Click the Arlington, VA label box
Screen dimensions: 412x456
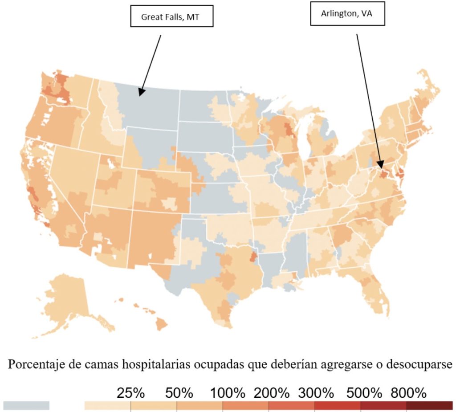click(347, 14)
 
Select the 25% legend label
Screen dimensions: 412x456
click(131, 393)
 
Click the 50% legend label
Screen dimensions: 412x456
click(179, 393)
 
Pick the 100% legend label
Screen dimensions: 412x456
click(228, 393)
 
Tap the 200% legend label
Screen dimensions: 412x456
click(272, 393)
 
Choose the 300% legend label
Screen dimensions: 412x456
click(316, 393)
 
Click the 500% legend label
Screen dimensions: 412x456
click(364, 393)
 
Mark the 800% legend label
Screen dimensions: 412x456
click(408, 393)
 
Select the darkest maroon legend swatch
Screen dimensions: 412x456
click(429, 405)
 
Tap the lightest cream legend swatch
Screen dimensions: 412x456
click(107, 405)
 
